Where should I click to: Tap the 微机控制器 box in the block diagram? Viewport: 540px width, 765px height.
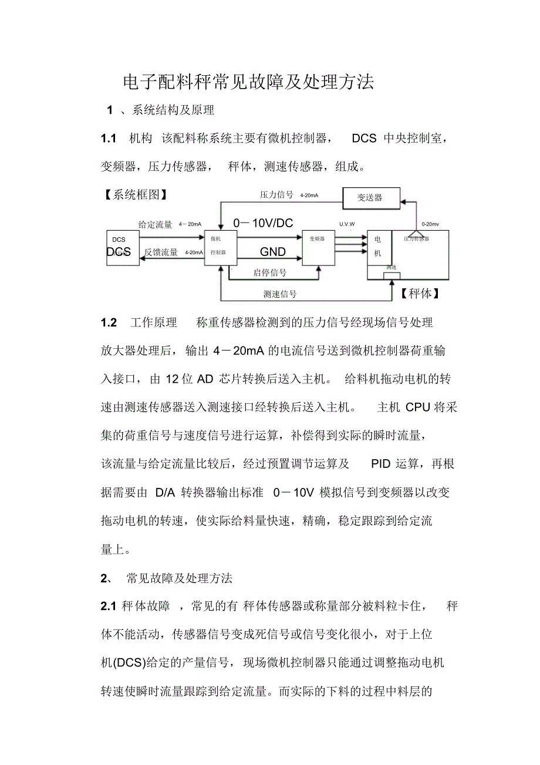221,247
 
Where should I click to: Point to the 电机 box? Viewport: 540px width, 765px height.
377,247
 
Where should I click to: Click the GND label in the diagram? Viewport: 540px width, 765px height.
273,252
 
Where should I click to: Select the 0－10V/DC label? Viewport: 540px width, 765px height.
263,223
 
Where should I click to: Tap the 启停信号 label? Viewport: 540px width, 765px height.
270,272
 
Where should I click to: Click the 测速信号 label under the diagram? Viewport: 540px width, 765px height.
279,294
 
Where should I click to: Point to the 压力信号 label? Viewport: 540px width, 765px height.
276,195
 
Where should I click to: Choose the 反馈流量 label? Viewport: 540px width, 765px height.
161,252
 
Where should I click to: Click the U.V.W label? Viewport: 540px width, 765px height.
347,224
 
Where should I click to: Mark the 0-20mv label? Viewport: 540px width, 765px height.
430,224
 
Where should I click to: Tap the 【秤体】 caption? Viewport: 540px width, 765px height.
420,294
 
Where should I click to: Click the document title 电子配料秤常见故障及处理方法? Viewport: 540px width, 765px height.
248,82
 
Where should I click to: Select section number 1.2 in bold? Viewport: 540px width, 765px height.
109,323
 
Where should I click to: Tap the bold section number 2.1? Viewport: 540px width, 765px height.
110,606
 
